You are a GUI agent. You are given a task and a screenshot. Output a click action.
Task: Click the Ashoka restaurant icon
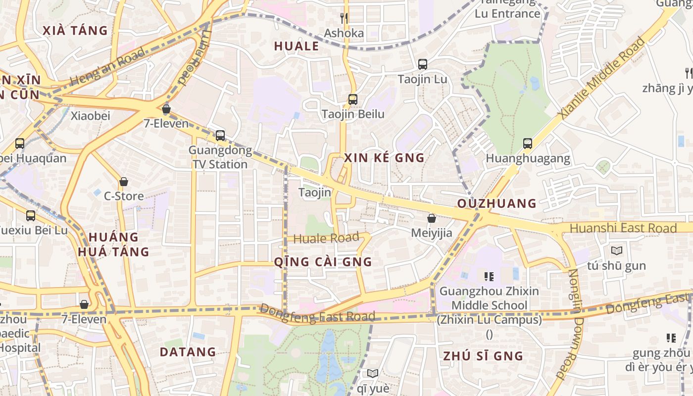click(x=344, y=18)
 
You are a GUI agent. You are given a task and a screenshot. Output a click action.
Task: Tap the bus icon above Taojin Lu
click(x=422, y=64)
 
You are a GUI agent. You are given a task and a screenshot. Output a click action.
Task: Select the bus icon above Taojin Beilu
click(x=352, y=99)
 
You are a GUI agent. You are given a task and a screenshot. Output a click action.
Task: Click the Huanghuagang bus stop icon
click(x=528, y=144)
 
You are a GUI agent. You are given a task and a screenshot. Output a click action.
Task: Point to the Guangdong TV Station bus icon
click(x=220, y=135)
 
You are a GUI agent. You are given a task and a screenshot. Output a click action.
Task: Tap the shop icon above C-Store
click(x=123, y=182)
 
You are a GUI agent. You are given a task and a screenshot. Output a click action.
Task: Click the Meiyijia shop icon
click(x=432, y=218)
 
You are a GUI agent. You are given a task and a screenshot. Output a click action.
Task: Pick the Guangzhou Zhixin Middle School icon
click(x=489, y=276)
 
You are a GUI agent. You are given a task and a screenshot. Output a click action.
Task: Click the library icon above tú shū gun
click(x=616, y=251)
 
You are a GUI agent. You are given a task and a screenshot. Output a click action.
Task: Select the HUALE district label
click(x=297, y=47)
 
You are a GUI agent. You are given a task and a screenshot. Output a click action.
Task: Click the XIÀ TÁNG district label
click(x=75, y=31)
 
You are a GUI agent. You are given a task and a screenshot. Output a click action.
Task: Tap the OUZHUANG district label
click(x=496, y=203)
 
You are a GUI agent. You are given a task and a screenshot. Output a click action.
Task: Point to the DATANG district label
click(x=188, y=352)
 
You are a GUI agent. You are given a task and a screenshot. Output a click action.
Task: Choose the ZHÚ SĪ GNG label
click(x=483, y=356)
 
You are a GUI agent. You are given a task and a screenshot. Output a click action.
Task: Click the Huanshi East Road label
click(x=623, y=228)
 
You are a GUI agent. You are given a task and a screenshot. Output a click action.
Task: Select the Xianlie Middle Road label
click(x=601, y=77)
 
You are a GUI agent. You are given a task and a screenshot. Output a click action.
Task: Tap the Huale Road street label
click(x=326, y=238)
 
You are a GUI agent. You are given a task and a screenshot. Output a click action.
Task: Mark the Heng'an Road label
click(x=107, y=67)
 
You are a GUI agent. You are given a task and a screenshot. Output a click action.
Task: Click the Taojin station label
click(x=315, y=193)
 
